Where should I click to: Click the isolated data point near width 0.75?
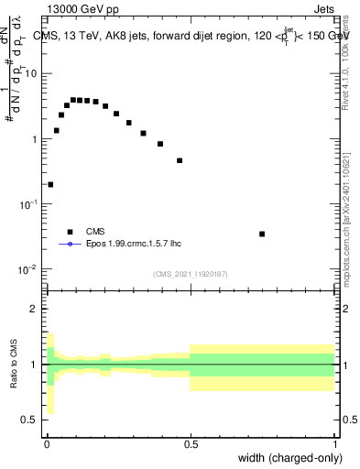click(262, 234)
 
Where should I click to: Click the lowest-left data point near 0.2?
click(50, 184)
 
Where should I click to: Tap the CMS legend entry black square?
click(69, 232)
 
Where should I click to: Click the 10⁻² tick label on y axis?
click(29, 269)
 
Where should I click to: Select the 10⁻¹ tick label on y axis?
click(29, 204)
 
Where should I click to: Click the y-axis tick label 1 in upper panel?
click(36, 139)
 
